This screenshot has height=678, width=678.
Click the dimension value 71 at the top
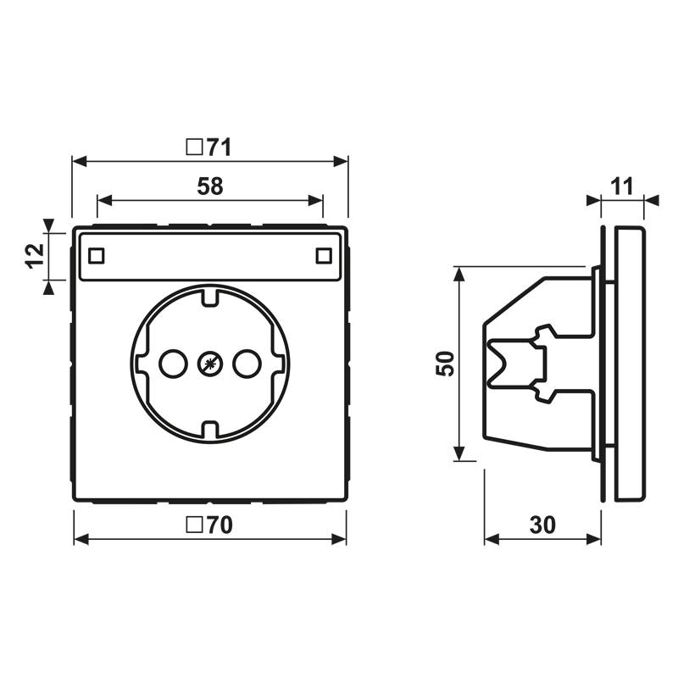tap(219, 147)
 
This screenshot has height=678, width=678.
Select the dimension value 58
tap(209, 187)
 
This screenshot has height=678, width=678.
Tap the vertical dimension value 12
tap(32, 255)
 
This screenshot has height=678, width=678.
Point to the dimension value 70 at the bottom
tap(220, 525)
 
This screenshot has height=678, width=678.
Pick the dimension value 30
tap(542, 525)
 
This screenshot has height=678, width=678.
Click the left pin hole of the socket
tap(173, 364)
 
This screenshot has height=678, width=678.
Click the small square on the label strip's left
tap(96, 254)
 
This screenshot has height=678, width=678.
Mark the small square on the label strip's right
tap(323, 254)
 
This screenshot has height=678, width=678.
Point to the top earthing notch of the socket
tap(209, 298)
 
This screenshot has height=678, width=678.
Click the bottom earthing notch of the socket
tap(209, 430)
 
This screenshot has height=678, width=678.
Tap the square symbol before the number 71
tap(193, 147)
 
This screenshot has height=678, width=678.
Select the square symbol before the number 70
tap(193, 525)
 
